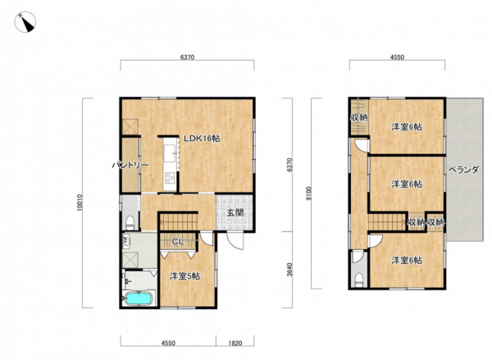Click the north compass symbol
[x=25, y=22]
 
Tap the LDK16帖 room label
[x=202, y=139]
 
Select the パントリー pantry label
[x=130, y=165]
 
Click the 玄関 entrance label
[x=235, y=212]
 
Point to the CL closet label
[x=178, y=242]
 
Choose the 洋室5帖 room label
[x=184, y=276]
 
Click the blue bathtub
[x=139, y=298]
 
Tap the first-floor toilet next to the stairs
[x=130, y=222]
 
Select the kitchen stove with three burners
[x=170, y=178]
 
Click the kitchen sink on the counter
[x=170, y=154]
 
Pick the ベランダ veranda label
[x=463, y=170]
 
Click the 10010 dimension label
[x=80, y=203]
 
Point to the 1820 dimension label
[x=235, y=343]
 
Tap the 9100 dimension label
[x=308, y=194]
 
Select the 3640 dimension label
[x=289, y=270]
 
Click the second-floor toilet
[x=358, y=280]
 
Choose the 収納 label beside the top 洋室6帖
[x=358, y=118]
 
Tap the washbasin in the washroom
[x=127, y=240]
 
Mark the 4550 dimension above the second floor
[x=397, y=57]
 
